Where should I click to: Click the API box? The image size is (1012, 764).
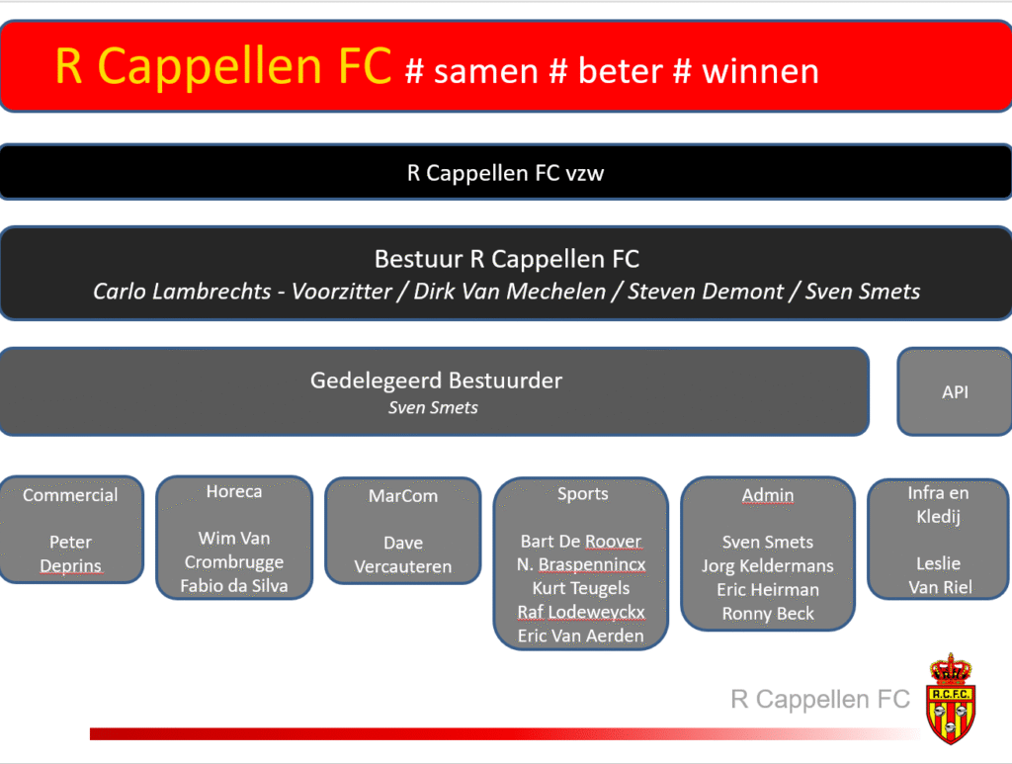coord(955,391)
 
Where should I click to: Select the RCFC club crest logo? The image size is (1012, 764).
coord(951,699)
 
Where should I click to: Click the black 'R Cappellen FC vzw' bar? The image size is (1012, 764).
coord(506,172)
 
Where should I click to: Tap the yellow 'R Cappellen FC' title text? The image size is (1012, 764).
coord(223,66)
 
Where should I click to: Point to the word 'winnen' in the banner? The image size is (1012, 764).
coord(760,71)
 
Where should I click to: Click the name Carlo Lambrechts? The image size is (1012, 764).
coord(182,291)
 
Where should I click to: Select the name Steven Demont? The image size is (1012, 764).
coord(706,291)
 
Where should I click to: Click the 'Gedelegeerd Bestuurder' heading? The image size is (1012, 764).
coord(436,381)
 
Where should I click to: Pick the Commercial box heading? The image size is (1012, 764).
coord(70,495)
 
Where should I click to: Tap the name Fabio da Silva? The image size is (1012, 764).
coord(234,585)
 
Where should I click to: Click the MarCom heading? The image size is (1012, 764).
coord(403,495)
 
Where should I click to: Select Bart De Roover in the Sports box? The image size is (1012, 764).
coord(581,541)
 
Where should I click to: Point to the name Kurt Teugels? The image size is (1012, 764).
coord(581,588)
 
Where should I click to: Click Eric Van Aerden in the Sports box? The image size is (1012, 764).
coord(581,636)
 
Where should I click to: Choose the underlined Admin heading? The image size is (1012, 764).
coord(767,495)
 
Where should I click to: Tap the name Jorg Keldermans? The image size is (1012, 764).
coord(767,566)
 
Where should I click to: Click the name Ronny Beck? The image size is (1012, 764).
coord(768,613)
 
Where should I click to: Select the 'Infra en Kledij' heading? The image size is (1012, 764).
coord(939,505)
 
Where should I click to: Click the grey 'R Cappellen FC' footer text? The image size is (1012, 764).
coord(819,699)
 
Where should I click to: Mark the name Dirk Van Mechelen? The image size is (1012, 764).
coord(510,291)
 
